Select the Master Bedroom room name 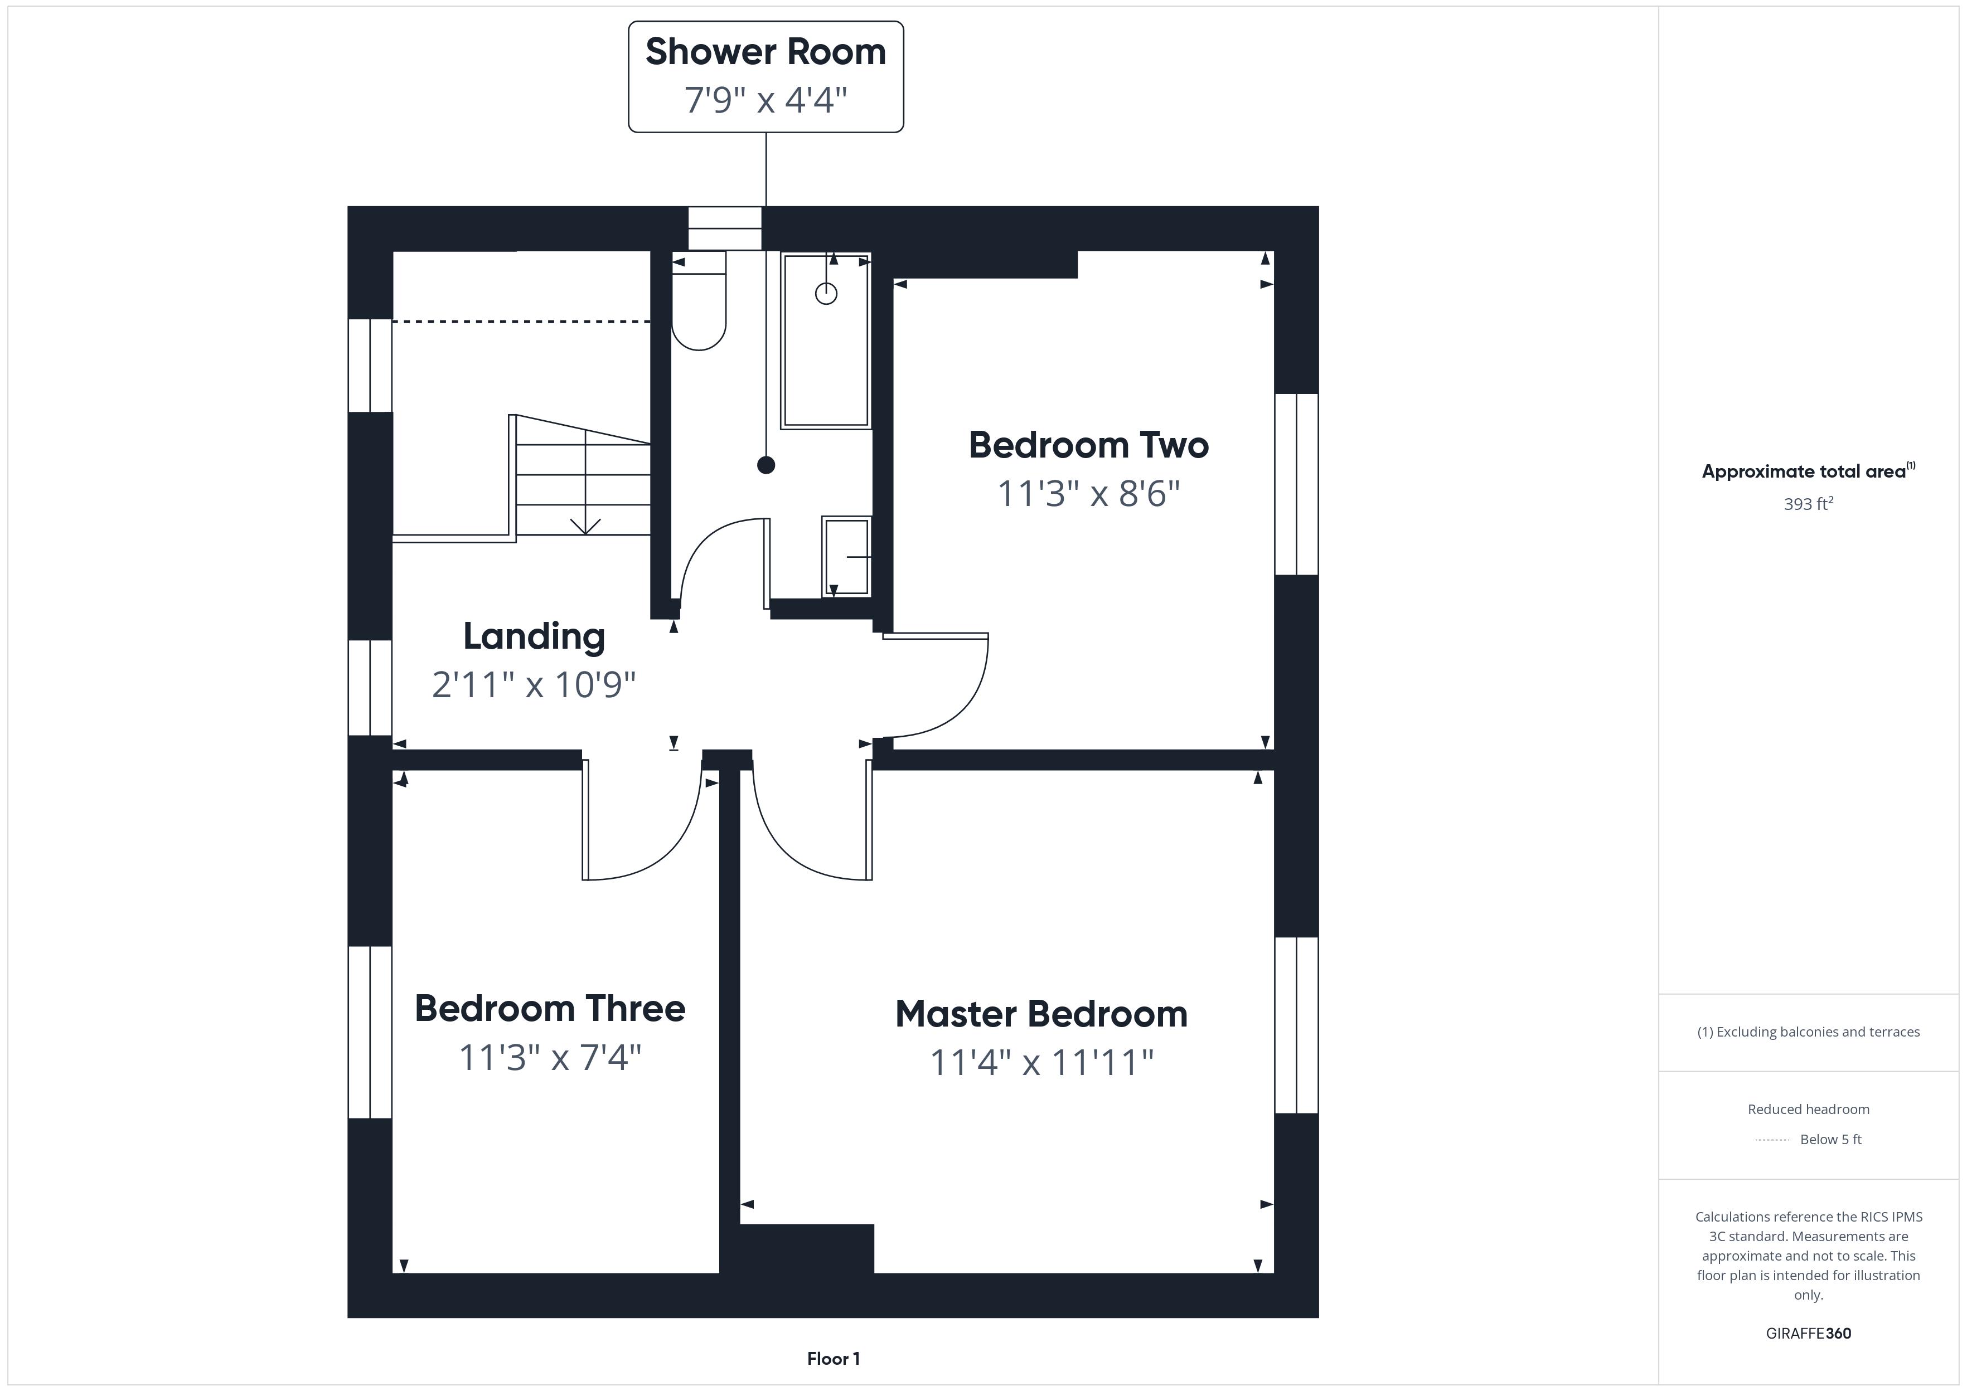pyautogui.click(x=1041, y=1014)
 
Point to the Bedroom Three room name pyautogui.click(x=550, y=1008)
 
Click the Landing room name pyautogui.click(x=534, y=636)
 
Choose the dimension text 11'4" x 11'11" pyautogui.click(x=1041, y=1062)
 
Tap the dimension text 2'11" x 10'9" pyautogui.click(x=534, y=684)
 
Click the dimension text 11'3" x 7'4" pyautogui.click(x=550, y=1057)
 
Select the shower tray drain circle pyautogui.click(x=826, y=294)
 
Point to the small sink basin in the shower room pyautogui.click(x=846, y=557)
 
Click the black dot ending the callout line pyautogui.click(x=766, y=465)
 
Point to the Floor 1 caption pyautogui.click(x=833, y=1359)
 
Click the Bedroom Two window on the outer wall pyautogui.click(x=1296, y=484)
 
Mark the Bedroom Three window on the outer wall pyautogui.click(x=370, y=1032)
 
